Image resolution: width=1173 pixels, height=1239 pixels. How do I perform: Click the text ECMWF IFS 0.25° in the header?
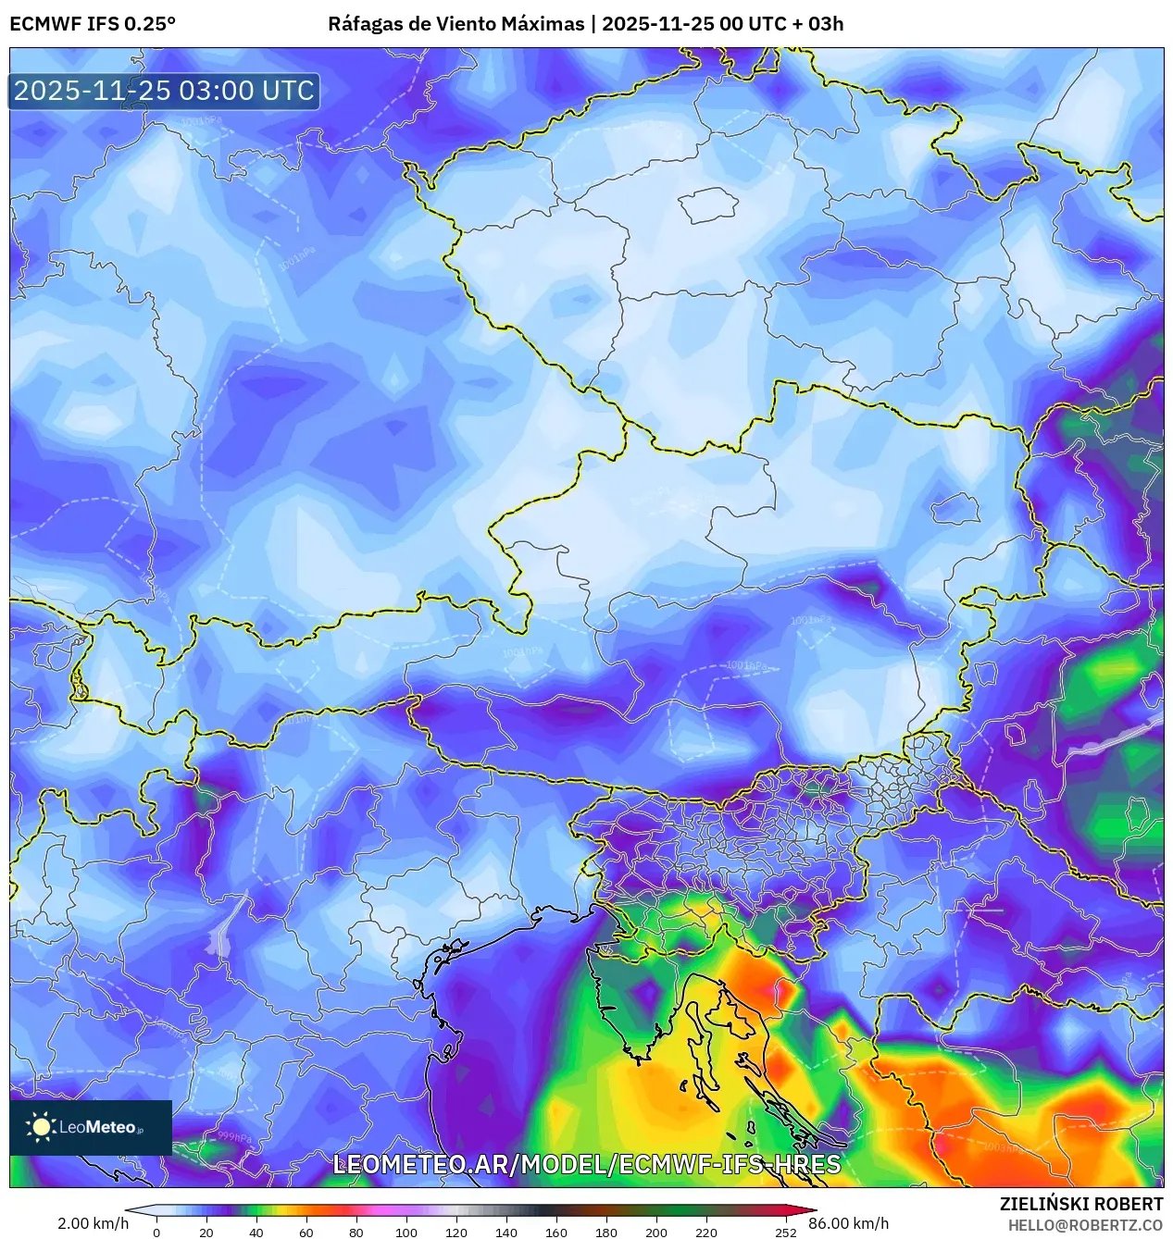tap(93, 24)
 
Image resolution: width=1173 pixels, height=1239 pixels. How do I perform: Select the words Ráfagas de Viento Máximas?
tap(456, 24)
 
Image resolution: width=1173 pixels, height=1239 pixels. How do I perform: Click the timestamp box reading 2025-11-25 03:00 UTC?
tap(164, 91)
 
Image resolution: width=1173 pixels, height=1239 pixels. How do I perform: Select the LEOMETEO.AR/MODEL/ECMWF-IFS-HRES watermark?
tap(586, 1164)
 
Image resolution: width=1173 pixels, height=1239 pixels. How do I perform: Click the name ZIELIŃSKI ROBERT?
tap(1080, 1204)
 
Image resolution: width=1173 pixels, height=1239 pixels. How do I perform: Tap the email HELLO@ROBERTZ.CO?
tap(1085, 1224)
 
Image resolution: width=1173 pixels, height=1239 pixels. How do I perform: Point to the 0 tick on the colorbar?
tap(156, 1232)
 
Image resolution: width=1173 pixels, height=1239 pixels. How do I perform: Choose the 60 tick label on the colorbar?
tap(306, 1232)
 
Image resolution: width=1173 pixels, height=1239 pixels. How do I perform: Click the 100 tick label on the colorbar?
tap(406, 1232)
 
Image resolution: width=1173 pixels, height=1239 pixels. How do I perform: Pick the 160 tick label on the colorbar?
tap(556, 1232)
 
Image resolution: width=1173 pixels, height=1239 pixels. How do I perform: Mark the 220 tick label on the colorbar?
tap(706, 1232)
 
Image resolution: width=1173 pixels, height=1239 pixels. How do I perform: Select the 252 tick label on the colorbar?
tap(786, 1232)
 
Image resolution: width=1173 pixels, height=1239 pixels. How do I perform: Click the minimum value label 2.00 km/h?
tap(93, 1223)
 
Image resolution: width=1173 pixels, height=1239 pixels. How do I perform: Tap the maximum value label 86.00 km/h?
tap(848, 1223)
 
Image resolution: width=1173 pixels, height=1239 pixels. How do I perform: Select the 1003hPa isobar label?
tap(1002, 1148)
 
